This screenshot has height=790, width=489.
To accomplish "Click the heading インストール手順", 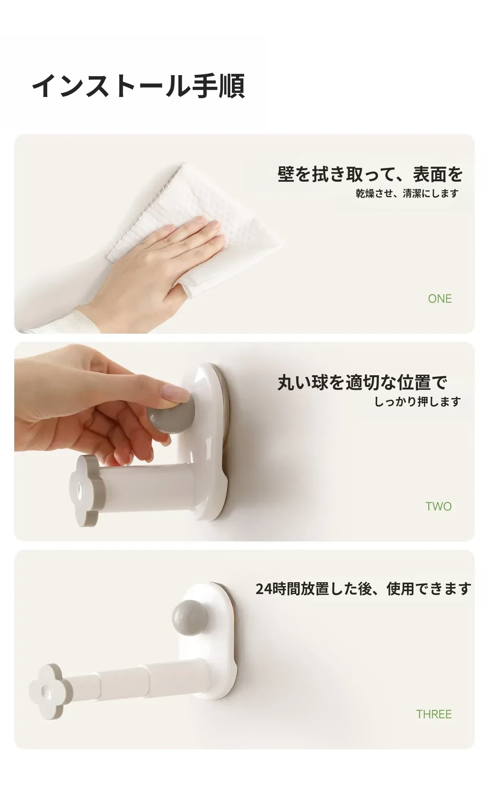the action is pos(139,86).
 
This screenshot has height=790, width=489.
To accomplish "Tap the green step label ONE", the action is pos(440,299).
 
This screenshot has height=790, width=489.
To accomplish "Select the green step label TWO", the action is pos(438,506).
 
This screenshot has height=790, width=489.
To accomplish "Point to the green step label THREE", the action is pos(434,714).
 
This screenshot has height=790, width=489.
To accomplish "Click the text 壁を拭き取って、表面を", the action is pos(370,174).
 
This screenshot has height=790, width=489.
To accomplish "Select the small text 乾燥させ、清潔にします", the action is pos(407,194).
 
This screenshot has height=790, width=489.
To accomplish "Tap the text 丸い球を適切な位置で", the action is pos(362,383).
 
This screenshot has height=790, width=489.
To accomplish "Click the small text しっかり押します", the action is pos(417,402).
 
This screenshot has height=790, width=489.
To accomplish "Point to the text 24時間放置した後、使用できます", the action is pos(363,589).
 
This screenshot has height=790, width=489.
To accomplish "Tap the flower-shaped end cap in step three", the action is pos(46,691).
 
